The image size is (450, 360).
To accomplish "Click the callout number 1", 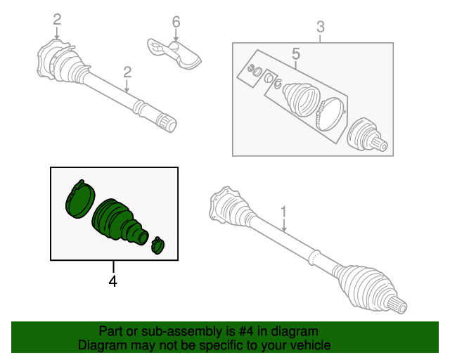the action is pyautogui.click(x=283, y=212).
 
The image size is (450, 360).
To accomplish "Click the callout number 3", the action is pyautogui.click(x=321, y=27).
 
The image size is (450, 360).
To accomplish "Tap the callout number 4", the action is pyautogui.click(x=113, y=281).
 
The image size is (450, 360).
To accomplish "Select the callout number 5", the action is pyautogui.click(x=296, y=53).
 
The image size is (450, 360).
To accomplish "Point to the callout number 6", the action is pyautogui.click(x=176, y=22).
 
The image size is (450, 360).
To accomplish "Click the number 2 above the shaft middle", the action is pyautogui.click(x=127, y=72).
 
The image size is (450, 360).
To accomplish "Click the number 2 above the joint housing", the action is pyautogui.click(x=57, y=20).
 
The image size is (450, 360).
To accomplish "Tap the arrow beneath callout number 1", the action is pyautogui.click(x=284, y=226).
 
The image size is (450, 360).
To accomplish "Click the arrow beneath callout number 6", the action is pyautogui.click(x=176, y=35).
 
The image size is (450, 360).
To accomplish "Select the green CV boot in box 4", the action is pyautogui.click(x=119, y=221).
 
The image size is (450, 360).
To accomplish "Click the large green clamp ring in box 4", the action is pyautogui.click(x=80, y=199).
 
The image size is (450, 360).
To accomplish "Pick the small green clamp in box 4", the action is pyautogui.click(x=157, y=245).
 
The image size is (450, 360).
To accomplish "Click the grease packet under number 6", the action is pyautogui.click(x=175, y=54).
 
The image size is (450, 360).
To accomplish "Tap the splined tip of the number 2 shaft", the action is pyautogui.click(x=167, y=122).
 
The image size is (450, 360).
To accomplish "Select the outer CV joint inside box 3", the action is pyautogui.click(x=367, y=134).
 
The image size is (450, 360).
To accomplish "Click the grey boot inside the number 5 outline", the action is pyautogui.click(x=301, y=99).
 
